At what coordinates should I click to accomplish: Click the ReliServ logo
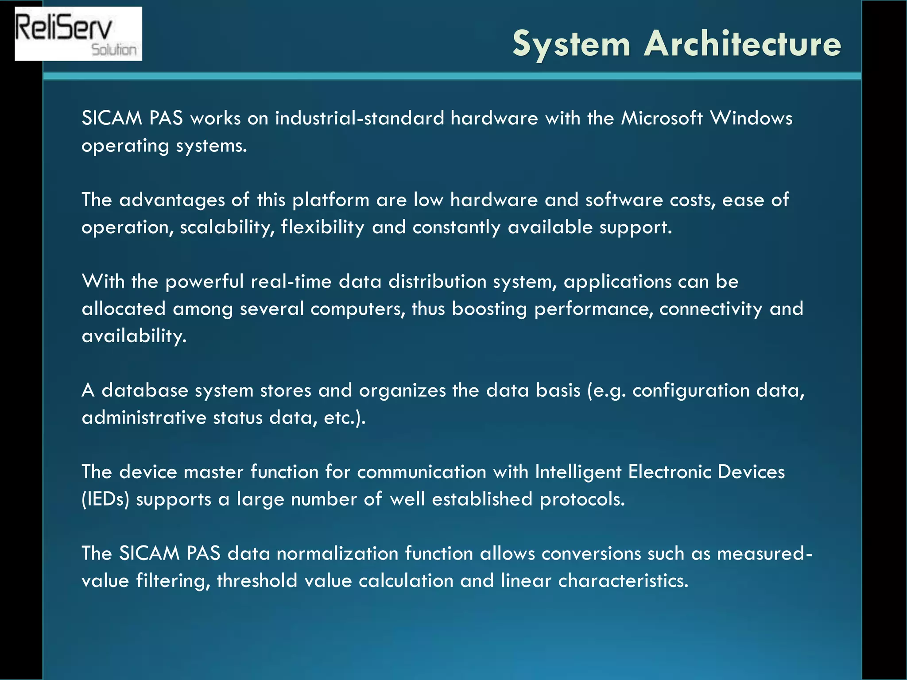pos(78,34)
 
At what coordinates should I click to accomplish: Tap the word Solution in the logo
pos(114,50)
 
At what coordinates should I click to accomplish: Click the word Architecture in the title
pos(742,44)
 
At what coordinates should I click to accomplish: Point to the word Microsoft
pos(662,118)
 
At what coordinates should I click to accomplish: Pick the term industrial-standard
pos(359,118)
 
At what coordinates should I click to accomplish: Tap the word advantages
pos(172,200)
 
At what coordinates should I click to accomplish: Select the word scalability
pos(227,227)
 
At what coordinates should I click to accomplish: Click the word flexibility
pos(322,227)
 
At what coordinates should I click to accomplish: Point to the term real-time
pos(291,282)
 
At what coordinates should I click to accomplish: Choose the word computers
pos(358,309)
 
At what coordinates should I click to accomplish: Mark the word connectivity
pos(711,309)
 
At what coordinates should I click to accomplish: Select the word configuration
pos(691,390)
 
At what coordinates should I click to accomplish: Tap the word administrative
pos(144,417)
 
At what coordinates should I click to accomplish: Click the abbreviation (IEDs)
pos(105,499)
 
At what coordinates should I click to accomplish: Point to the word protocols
pos(582,499)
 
